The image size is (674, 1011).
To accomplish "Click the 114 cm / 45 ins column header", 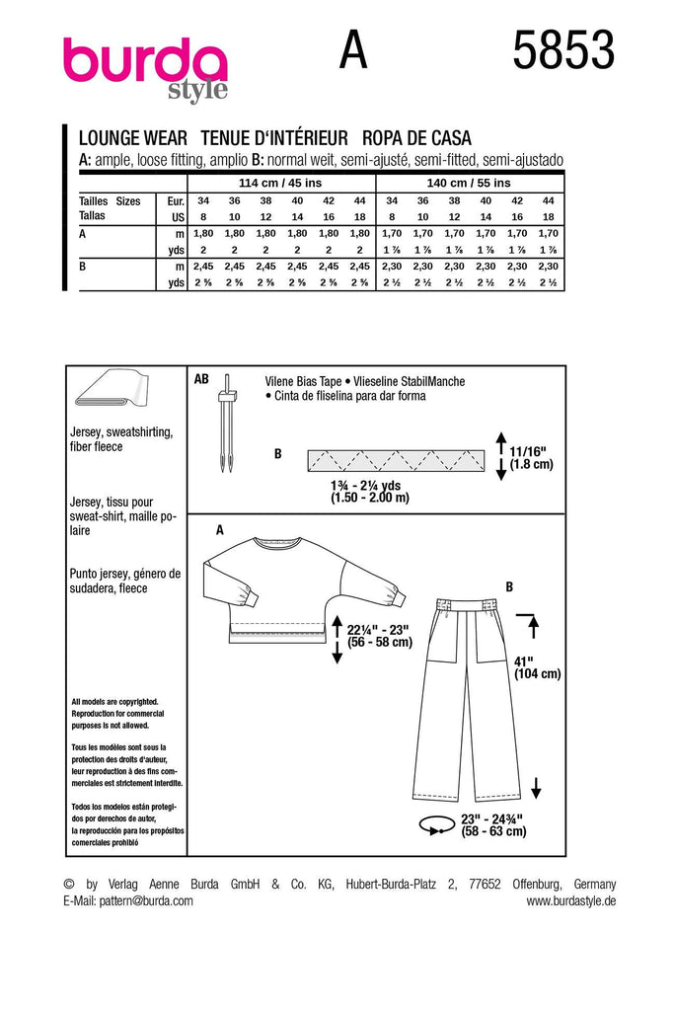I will coord(280,183).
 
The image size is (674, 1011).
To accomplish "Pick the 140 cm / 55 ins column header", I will coord(471,183).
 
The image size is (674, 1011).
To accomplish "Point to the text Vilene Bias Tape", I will coord(303,380).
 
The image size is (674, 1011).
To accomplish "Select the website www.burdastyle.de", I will coord(570,900).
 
